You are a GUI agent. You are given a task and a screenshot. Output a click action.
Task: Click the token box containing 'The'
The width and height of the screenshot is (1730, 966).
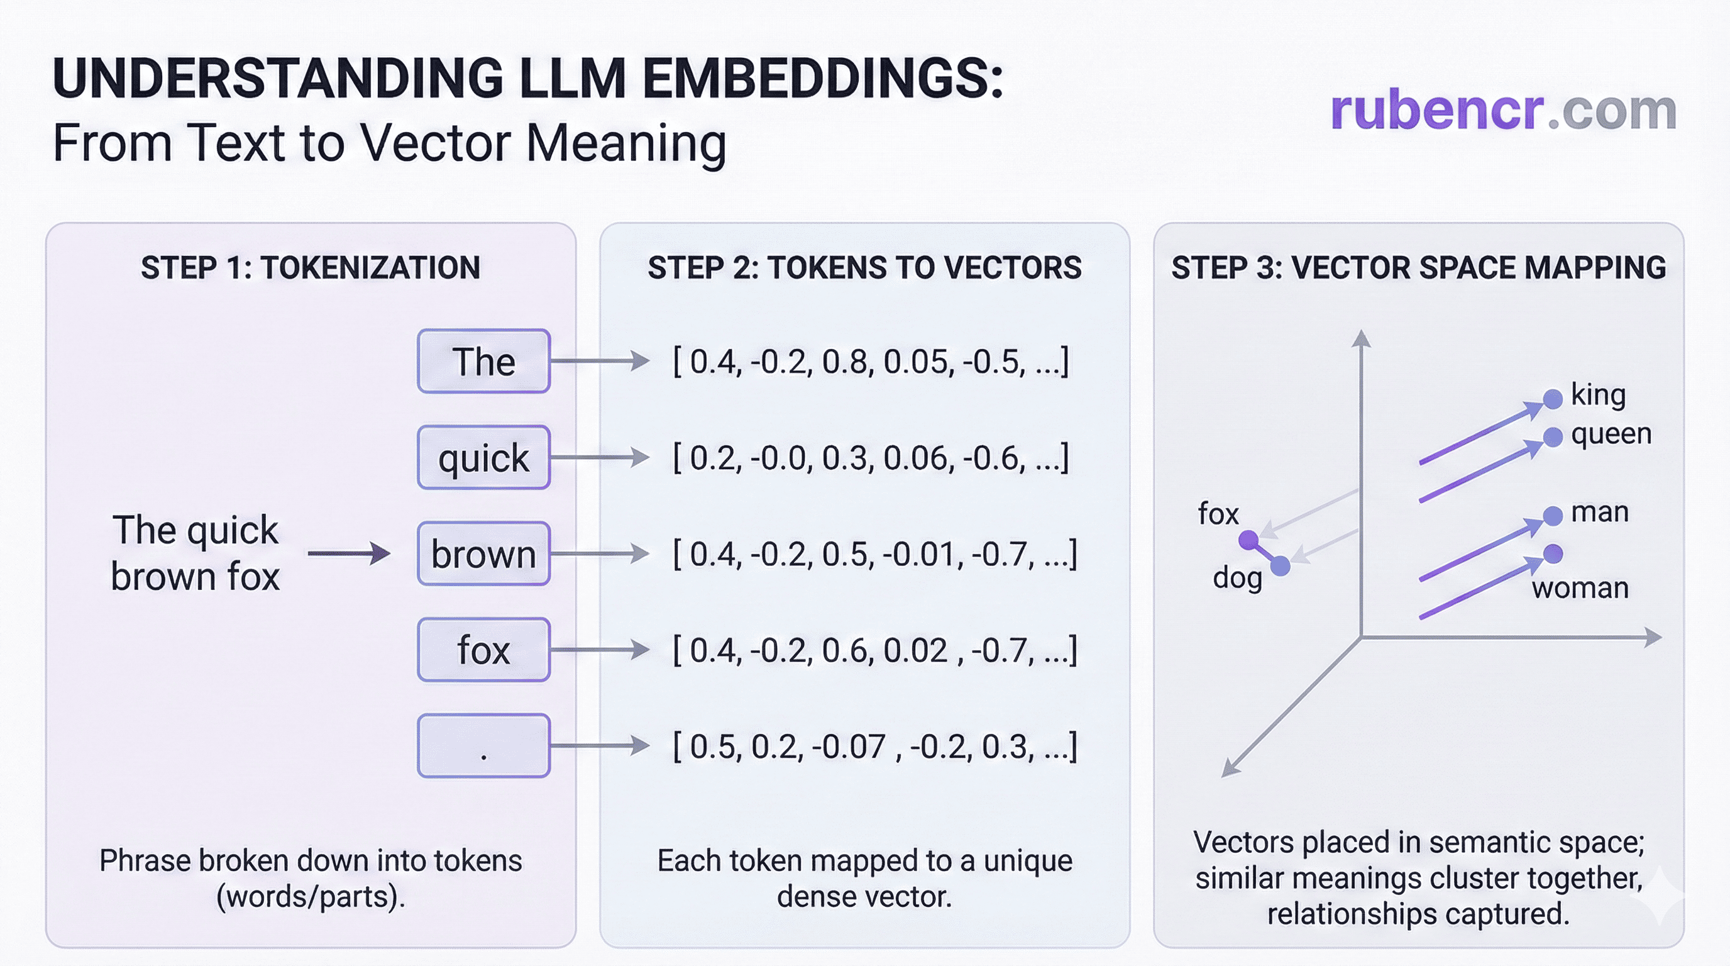pos(483,362)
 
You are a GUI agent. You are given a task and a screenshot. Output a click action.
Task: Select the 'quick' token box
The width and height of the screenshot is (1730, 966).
pos(483,457)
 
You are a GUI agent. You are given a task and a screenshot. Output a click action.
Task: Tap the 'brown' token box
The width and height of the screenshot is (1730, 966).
pos(483,553)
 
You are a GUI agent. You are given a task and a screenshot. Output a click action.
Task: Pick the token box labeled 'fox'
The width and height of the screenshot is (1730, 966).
pos(483,650)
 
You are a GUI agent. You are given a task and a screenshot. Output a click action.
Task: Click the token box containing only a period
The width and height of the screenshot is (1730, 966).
pos(483,746)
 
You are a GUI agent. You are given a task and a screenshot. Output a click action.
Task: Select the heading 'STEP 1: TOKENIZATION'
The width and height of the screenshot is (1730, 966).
pos(311,267)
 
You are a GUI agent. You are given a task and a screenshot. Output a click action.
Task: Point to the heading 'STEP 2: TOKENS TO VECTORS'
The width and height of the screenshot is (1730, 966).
pos(864,267)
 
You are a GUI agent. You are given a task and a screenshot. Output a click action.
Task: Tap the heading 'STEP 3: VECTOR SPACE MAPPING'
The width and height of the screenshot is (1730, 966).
pos(1418,267)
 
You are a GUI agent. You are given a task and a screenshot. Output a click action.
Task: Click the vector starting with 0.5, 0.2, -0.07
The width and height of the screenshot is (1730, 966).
pos(874,747)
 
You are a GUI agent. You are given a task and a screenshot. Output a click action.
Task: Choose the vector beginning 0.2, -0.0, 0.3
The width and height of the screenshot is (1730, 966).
pos(871,458)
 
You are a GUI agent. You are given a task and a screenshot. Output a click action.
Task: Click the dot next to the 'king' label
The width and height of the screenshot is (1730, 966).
pos(1553,399)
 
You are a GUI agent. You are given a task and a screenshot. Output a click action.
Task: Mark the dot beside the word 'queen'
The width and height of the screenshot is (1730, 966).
pos(1553,437)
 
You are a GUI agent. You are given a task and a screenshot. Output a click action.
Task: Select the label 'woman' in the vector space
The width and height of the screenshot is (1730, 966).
pos(1580,588)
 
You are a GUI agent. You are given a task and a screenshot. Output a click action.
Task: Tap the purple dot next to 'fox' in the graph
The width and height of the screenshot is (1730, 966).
pos(1248,540)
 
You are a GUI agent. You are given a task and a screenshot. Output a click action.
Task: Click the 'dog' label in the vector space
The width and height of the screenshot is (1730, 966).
pos(1237,578)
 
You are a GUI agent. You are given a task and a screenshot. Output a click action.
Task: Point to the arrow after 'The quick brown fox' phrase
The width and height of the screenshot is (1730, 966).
pos(350,553)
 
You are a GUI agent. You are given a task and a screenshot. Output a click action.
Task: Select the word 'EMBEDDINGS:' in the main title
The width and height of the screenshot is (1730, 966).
pos(822,78)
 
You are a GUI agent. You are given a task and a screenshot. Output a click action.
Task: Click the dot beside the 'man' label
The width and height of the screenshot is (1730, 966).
pos(1553,516)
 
